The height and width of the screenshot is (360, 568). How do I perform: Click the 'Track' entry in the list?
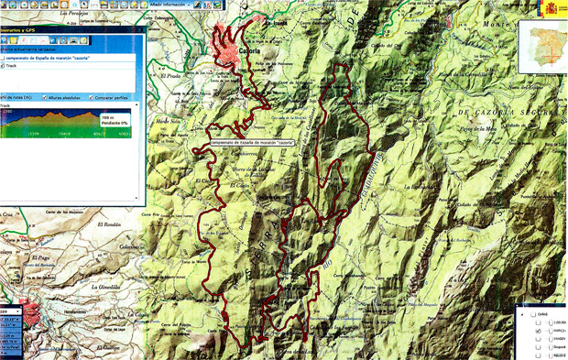[x=9, y=66]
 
